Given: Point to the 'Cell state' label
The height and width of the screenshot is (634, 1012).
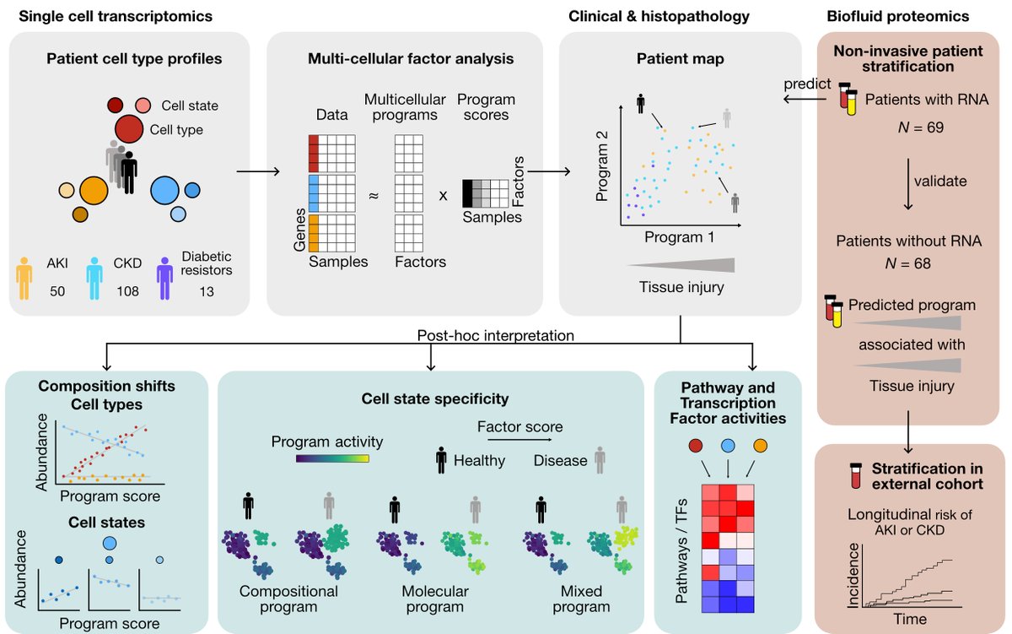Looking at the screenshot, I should (189, 106).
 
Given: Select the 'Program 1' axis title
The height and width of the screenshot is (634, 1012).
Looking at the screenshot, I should (680, 237).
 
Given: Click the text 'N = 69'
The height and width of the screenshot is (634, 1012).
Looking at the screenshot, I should (912, 128).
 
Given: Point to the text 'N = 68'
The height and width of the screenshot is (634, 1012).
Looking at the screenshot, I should (912, 263).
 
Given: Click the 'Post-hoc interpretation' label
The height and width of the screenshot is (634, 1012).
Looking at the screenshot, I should (495, 335).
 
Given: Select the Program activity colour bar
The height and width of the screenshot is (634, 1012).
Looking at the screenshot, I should (333, 459).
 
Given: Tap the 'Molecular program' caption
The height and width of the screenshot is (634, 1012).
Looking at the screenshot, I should (433, 599).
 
